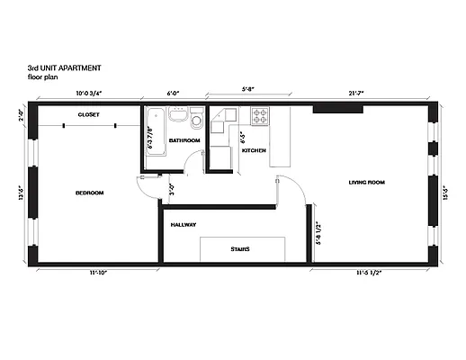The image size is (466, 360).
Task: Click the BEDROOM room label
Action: click(x=89, y=193)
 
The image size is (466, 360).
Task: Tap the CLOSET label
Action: click(x=88, y=115)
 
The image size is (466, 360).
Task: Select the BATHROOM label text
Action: click(x=184, y=141)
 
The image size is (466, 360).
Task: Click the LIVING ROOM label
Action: click(x=366, y=183)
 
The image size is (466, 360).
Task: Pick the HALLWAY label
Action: click(x=184, y=224)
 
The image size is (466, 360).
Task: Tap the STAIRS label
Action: click(x=239, y=249)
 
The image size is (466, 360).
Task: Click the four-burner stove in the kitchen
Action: click(x=260, y=115)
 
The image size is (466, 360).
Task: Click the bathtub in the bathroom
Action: click(x=154, y=129)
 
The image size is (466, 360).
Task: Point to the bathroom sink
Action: click(x=196, y=118)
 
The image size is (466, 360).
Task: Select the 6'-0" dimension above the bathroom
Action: click(x=174, y=92)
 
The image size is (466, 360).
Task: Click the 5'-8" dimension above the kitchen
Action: click(x=248, y=87)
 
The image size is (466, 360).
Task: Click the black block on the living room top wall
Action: click(x=332, y=109)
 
